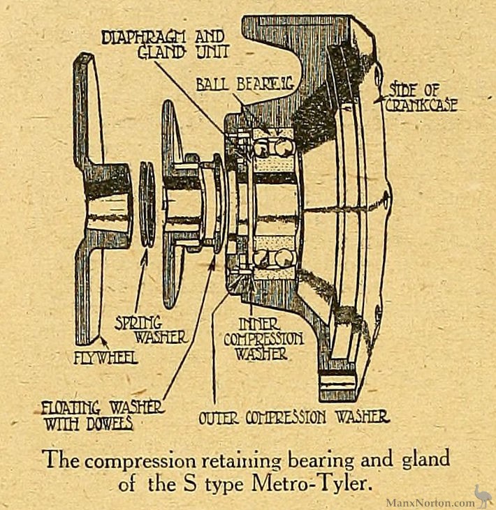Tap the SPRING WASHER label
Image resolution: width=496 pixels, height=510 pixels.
[150, 330]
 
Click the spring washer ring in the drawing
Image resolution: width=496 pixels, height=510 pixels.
[147, 203]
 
